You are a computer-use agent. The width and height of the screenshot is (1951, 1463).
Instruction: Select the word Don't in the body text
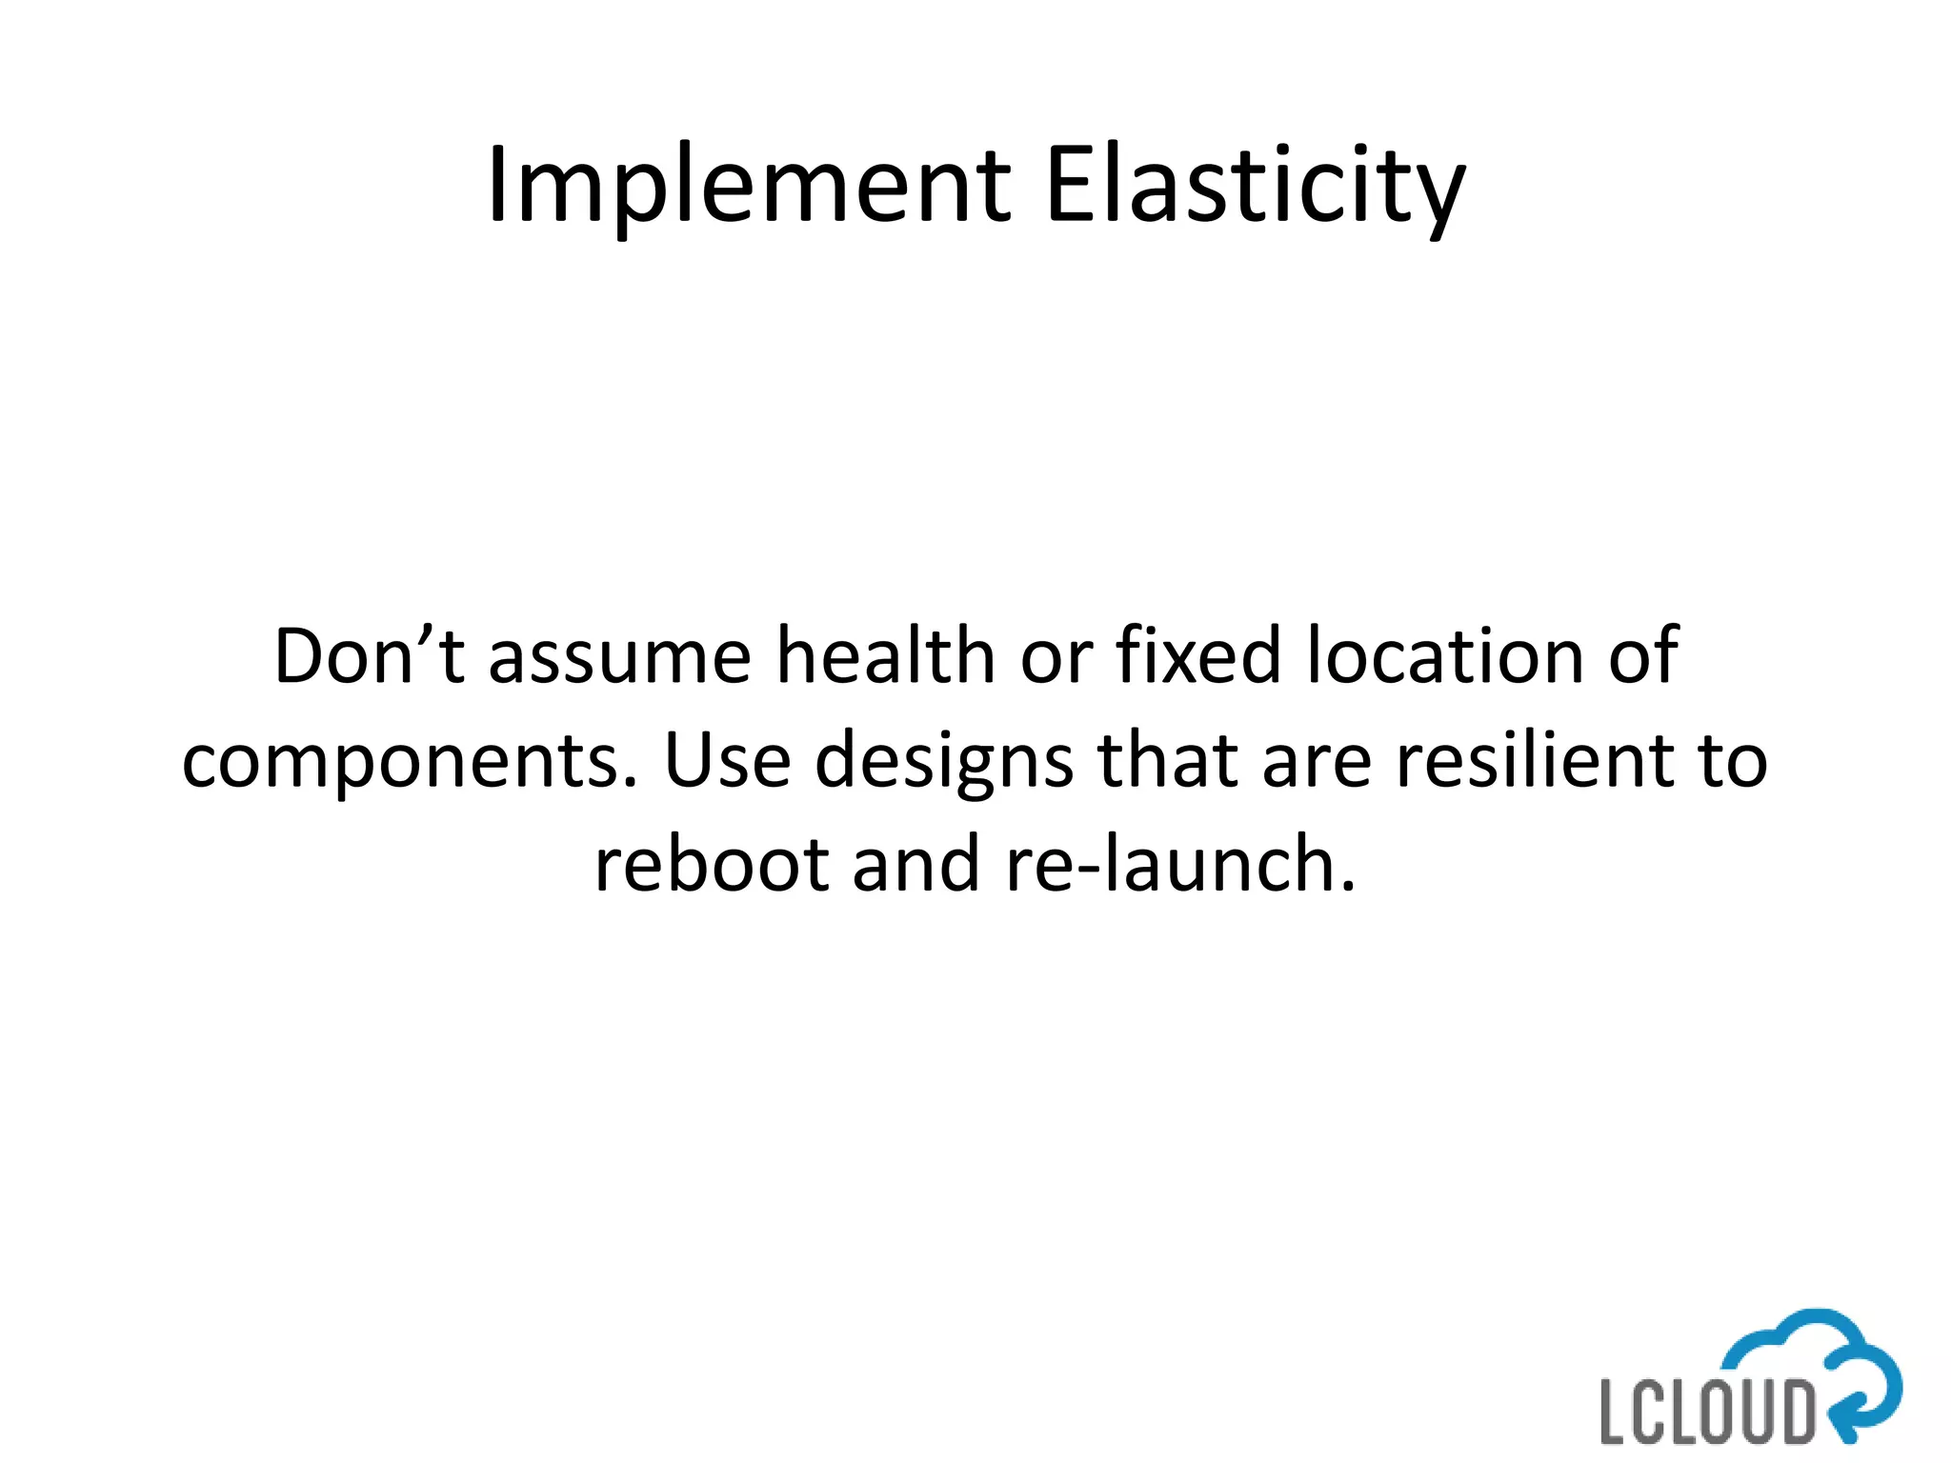(370, 656)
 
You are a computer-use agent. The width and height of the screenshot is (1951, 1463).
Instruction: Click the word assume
(620, 658)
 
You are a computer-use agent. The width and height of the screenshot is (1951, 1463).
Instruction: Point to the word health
(886, 656)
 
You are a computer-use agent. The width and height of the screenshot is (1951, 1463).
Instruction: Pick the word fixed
(1198, 656)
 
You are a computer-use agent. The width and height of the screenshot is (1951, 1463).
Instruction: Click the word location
(1445, 656)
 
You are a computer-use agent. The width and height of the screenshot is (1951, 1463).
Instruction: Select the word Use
(727, 761)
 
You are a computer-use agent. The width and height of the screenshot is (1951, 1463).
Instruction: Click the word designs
(944, 763)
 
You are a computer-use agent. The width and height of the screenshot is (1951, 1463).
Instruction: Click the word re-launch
(1180, 865)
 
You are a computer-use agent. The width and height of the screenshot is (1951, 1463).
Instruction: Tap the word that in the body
(1168, 761)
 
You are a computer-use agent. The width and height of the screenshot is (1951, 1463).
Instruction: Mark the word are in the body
(1317, 763)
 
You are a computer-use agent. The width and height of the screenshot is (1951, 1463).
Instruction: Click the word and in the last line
(915, 865)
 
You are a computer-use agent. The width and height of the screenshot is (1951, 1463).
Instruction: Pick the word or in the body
(1056, 658)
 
